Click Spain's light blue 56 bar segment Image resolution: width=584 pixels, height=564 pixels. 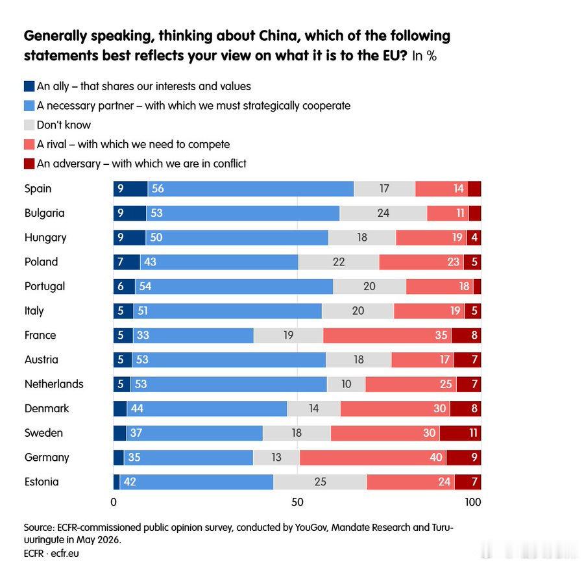(x=250, y=189)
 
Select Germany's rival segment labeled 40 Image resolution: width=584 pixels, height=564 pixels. (x=373, y=458)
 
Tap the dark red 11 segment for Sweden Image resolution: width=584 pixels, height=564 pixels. (x=460, y=433)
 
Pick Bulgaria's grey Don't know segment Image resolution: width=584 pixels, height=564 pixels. (x=383, y=213)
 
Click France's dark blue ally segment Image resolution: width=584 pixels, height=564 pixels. (x=123, y=336)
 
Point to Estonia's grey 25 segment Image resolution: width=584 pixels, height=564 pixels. (x=321, y=482)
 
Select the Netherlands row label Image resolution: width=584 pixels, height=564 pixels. (x=54, y=384)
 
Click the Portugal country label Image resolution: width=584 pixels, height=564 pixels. (x=45, y=286)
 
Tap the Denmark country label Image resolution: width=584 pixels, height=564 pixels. (x=47, y=409)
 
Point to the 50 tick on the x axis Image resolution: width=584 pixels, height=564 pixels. (x=297, y=502)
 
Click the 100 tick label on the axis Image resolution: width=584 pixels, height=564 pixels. (x=473, y=502)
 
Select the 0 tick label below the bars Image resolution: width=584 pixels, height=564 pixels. (x=114, y=502)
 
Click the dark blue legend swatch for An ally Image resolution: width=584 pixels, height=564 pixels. (x=29, y=86)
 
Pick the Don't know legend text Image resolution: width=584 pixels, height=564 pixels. (x=64, y=125)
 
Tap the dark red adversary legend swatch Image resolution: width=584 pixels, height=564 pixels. (x=29, y=164)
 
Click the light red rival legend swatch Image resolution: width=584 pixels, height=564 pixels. (x=29, y=145)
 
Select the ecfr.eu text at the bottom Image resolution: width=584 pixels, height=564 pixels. (x=65, y=554)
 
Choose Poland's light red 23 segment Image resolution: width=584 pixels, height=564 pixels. (x=422, y=262)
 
